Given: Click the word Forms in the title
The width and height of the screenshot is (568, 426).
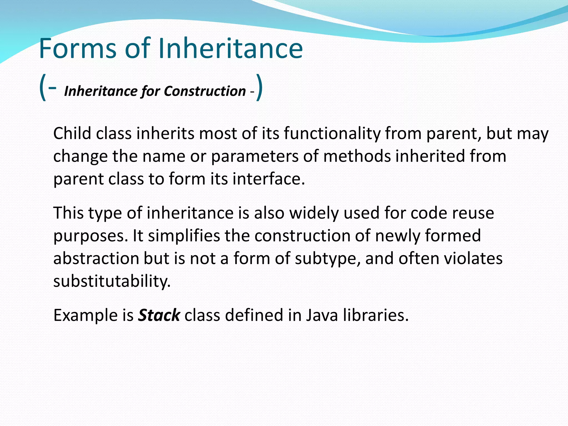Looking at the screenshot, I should click(x=78, y=49).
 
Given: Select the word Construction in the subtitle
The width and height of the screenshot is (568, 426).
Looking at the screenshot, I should click(x=205, y=91).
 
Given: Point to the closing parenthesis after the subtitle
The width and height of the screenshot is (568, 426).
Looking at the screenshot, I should click(x=259, y=88).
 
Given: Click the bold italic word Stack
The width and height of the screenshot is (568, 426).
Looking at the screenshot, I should click(x=159, y=315).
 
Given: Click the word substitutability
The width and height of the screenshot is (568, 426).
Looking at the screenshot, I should click(x=112, y=281).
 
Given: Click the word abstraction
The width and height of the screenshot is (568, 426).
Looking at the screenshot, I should click(x=96, y=258).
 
